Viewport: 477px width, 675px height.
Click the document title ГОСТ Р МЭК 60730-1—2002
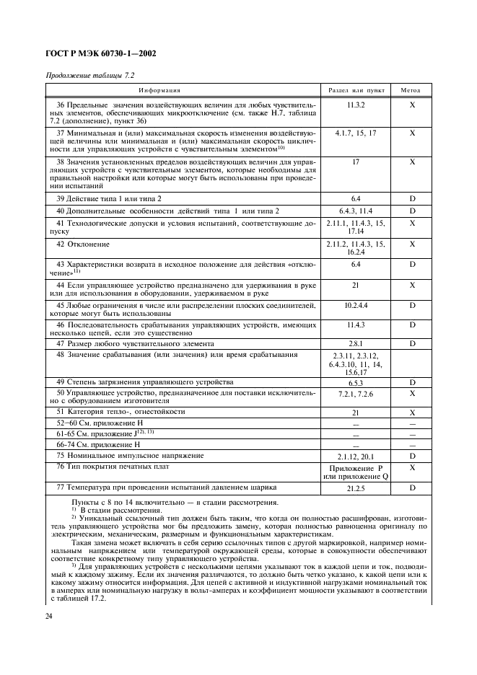tap(101, 54)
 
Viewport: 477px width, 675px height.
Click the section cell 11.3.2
tap(356, 105)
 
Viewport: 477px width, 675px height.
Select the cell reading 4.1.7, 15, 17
tap(356, 133)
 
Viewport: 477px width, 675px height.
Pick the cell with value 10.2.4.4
tap(356, 306)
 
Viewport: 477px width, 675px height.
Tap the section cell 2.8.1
tap(356, 344)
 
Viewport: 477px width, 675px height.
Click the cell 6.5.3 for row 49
tap(356, 381)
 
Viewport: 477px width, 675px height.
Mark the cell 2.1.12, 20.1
tap(356, 456)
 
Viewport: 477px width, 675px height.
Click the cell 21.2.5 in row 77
tap(356, 489)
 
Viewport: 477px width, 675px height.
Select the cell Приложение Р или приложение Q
tap(356, 472)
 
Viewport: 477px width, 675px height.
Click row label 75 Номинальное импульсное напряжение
tap(130, 456)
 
